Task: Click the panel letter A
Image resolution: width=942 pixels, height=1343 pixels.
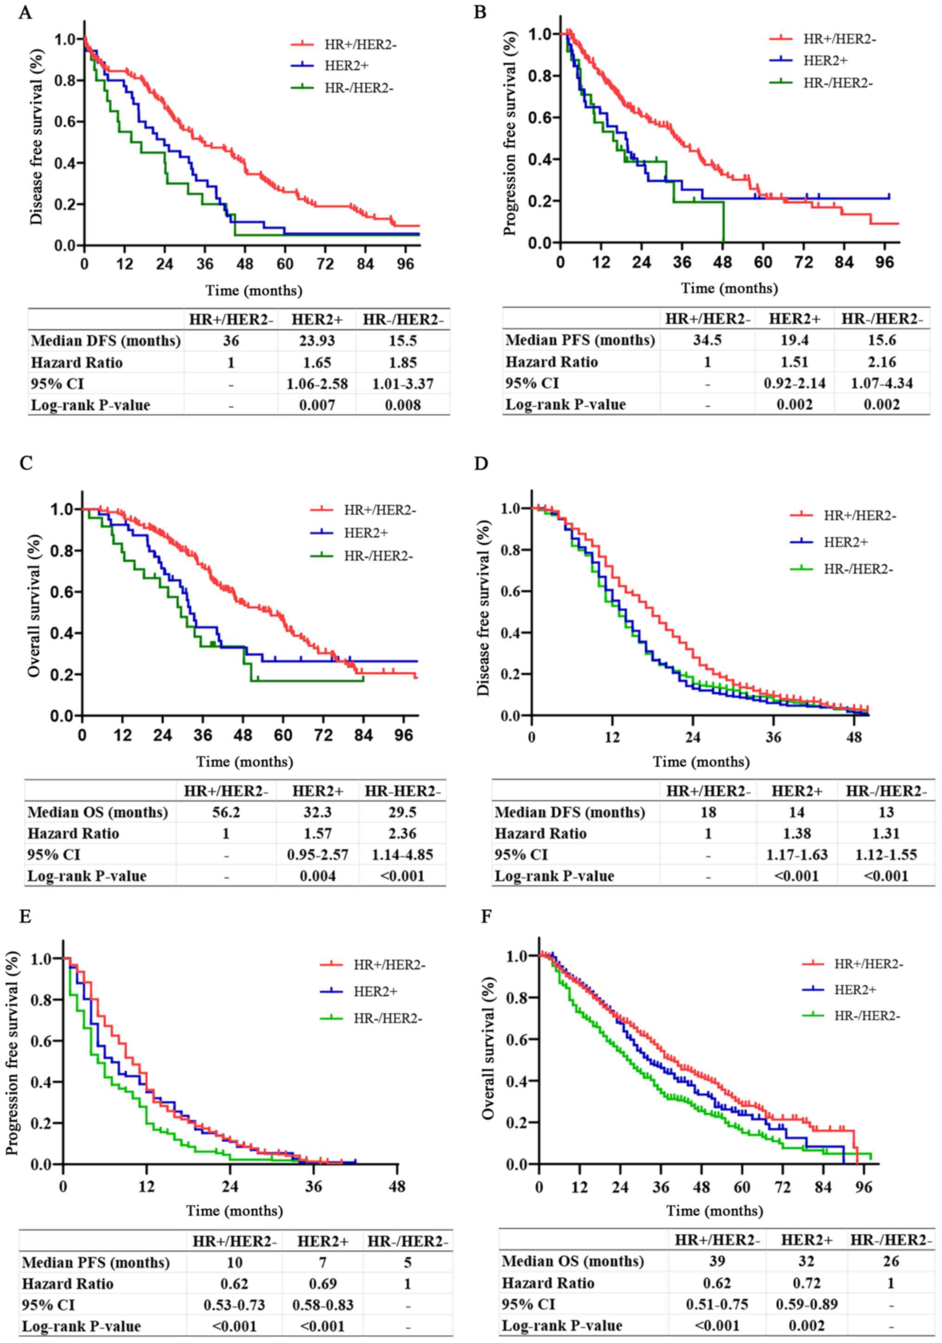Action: coord(25,12)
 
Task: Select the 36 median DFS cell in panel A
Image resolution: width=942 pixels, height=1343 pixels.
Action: coord(231,340)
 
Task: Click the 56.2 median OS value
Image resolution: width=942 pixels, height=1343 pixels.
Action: coord(226,812)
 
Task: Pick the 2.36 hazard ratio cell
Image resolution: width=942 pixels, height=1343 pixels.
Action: coord(403,833)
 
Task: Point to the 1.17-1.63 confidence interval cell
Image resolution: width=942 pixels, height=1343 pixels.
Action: coord(796,854)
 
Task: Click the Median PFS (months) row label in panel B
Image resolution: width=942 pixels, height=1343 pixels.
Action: coord(580,340)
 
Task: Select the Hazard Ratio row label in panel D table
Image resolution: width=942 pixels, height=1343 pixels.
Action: coord(540,833)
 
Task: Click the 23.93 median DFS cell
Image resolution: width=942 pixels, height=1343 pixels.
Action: coord(316,340)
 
